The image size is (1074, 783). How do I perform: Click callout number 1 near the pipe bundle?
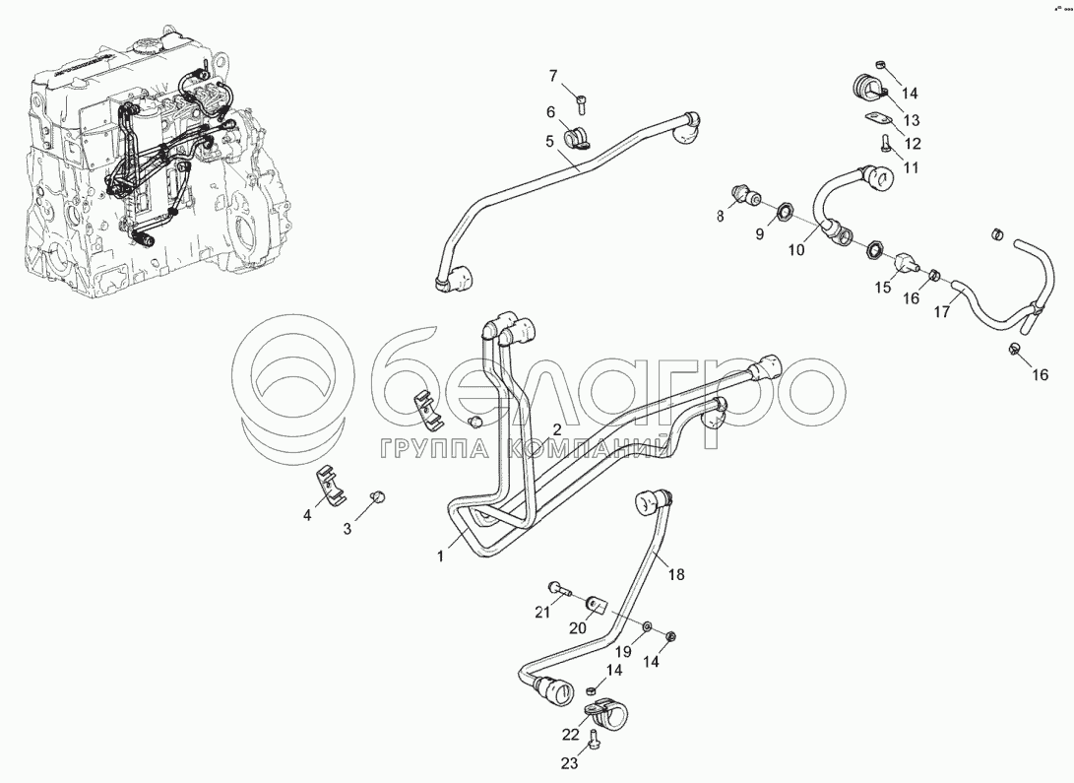(441, 556)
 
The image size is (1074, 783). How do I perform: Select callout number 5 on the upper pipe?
(549, 141)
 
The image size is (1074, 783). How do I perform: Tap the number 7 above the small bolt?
(552, 76)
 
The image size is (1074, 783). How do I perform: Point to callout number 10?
(796, 250)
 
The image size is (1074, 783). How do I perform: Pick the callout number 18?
(675, 574)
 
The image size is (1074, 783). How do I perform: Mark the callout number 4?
(307, 515)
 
